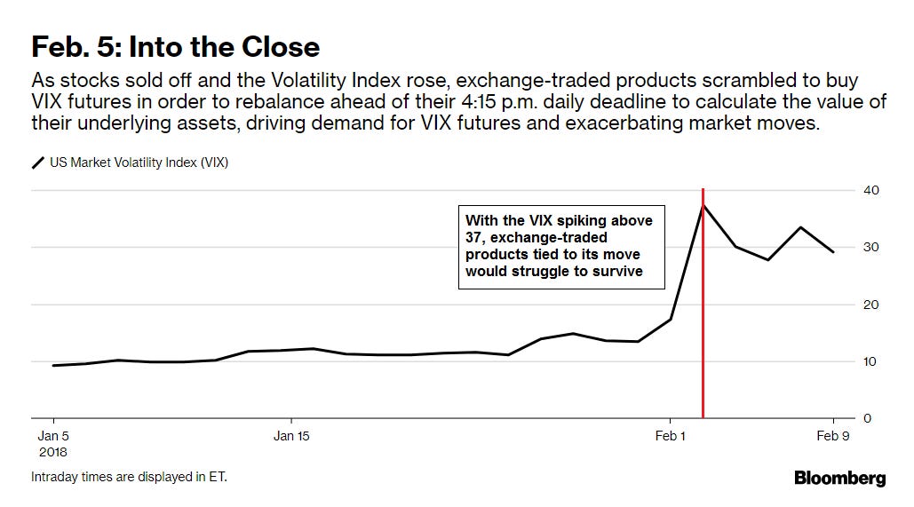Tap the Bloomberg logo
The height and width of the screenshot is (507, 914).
839,478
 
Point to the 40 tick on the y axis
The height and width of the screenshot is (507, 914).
870,190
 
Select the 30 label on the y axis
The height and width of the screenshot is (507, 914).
870,247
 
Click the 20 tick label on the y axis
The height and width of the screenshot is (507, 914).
870,305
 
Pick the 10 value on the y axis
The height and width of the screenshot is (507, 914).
870,361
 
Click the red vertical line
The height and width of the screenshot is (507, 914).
703,355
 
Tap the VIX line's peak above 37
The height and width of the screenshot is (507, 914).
703,205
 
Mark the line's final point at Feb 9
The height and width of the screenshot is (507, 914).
832,251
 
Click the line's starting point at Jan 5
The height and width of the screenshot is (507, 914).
54,365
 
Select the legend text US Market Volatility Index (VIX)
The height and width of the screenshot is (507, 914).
139,162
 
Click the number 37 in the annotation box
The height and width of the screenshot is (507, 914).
475,237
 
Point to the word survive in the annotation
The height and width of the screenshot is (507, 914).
617,271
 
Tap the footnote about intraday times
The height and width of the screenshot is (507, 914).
129,477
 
